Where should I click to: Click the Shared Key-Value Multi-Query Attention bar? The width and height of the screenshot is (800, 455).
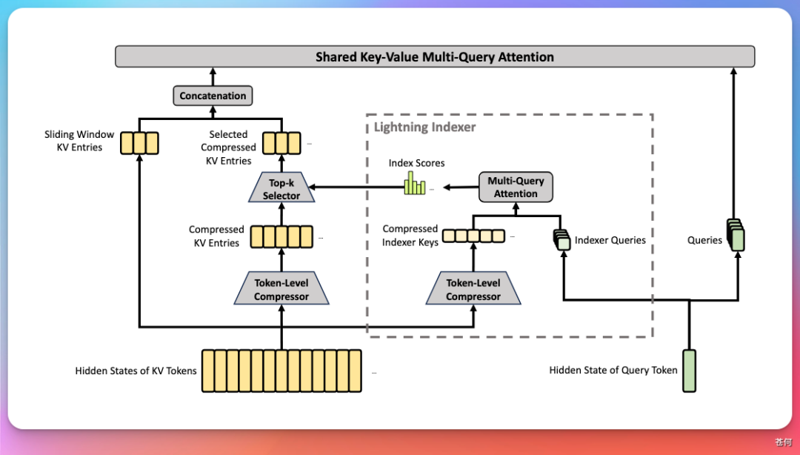tap(435, 57)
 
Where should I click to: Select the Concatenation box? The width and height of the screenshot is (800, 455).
tap(213, 96)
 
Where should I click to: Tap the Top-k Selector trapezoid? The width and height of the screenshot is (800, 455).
tap(281, 189)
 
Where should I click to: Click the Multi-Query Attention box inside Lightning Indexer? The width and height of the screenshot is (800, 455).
tap(516, 187)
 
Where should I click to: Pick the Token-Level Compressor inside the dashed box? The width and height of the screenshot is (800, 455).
tap(473, 290)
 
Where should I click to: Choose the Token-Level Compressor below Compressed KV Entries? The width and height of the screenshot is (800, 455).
tap(281, 290)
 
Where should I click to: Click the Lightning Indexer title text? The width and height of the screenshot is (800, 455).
tap(424, 127)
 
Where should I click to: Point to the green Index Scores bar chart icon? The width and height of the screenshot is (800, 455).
tap(415, 185)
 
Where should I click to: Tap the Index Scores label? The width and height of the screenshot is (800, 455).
tap(416, 163)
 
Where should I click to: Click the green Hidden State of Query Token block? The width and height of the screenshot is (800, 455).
tap(690, 370)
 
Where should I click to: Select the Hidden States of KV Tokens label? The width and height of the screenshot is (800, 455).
tap(136, 371)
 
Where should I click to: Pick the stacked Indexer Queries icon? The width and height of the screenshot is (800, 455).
tap(561, 239)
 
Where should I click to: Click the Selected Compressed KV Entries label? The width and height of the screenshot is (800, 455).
tap(227, 147)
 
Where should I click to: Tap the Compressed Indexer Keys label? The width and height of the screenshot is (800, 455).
tap(410, 236)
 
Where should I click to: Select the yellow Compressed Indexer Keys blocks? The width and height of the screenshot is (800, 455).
tap(473, 236)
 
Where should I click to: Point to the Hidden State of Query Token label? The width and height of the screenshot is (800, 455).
tap(613, 371)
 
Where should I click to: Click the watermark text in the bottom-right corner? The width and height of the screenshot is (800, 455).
tap(783, 442)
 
